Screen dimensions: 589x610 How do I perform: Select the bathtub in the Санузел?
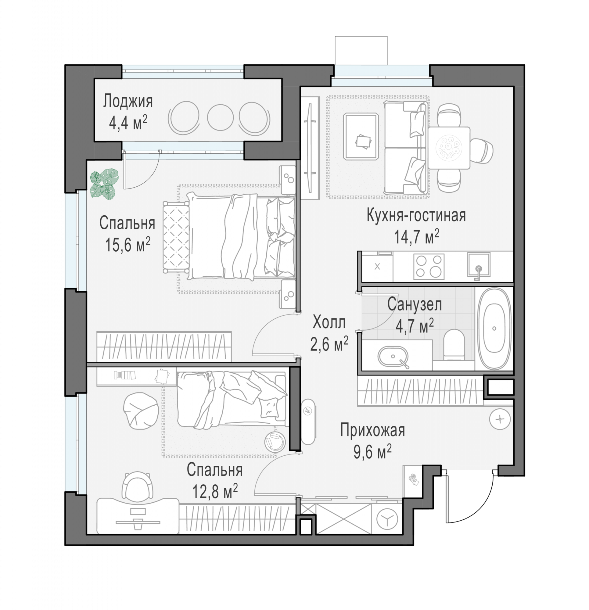494,328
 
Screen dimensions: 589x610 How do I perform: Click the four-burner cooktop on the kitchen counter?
429,267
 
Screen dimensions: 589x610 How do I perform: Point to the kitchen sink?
479,265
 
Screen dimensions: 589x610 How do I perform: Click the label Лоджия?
128,101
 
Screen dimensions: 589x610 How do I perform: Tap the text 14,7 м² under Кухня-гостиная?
417,237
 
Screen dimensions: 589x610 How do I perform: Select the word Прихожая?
372,431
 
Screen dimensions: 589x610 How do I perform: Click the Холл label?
329,322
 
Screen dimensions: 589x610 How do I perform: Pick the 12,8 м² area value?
215,491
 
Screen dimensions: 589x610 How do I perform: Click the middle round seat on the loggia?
220,117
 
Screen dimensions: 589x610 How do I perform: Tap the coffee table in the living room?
361,137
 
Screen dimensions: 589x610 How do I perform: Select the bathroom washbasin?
393,357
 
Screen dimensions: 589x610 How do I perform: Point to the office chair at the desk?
137,486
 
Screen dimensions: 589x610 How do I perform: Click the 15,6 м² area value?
127,245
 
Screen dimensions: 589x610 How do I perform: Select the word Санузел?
415,305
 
